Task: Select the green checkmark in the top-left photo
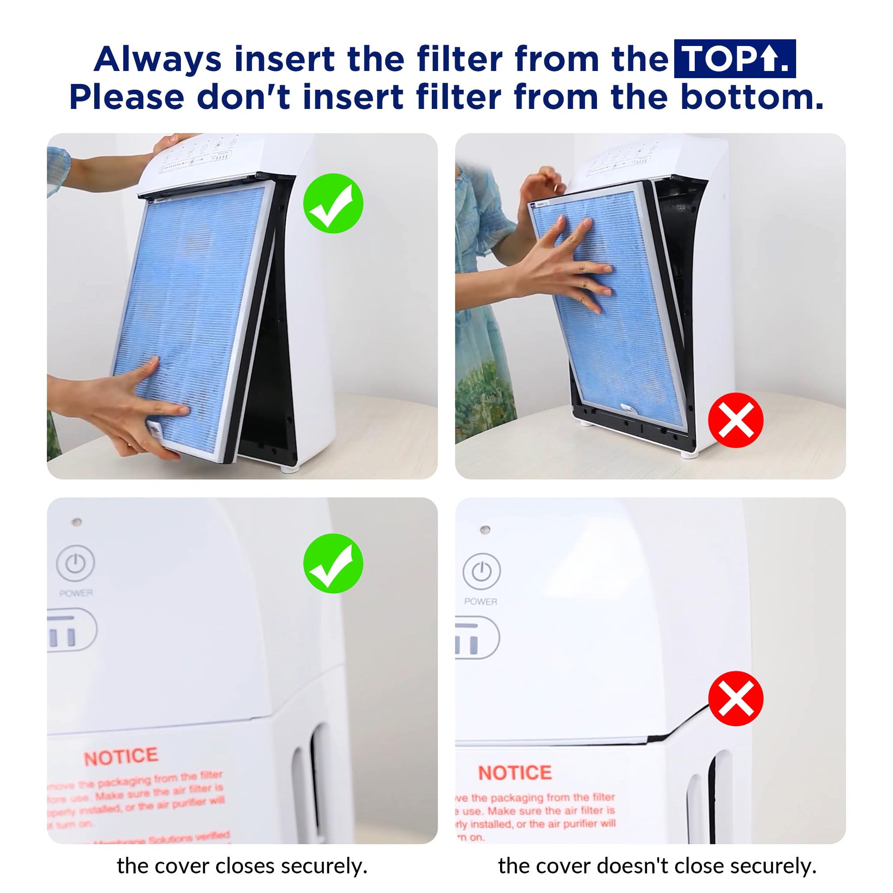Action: coord(333,203)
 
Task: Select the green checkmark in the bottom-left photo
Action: coord(333,563)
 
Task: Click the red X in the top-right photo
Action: coord(735,420)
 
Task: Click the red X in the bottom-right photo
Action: coord(735,698)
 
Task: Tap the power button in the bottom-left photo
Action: coord(75,563)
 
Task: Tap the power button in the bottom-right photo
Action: coord(481,572)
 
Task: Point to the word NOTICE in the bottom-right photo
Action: coord(514,772)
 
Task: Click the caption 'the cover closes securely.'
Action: coord(242,866)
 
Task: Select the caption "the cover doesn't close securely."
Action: coord(657,866)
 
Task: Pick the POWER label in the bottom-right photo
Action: coord(481,601)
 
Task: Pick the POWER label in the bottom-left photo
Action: coord(76,593)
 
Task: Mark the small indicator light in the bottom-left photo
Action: coord(77,522)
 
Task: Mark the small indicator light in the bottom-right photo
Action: coord(485,529)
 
